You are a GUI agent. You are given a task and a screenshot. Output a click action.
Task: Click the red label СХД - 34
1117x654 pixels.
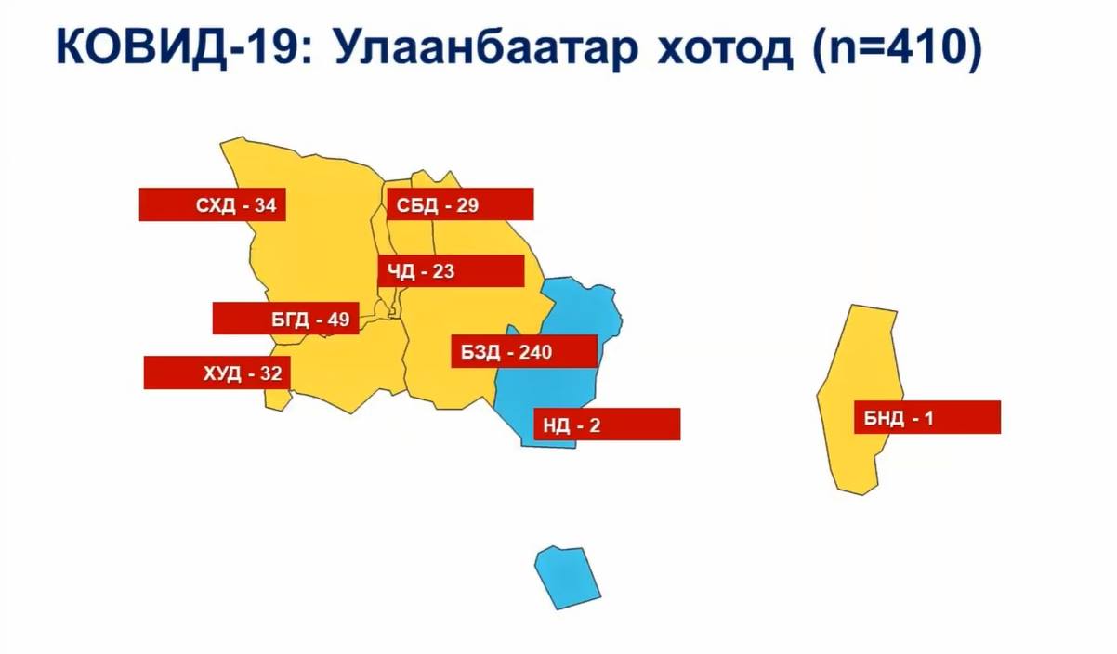pos(213,204)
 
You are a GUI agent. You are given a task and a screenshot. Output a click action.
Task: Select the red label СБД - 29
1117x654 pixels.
pos(460,203)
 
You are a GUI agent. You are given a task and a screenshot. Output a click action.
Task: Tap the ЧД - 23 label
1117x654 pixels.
pos(452,271)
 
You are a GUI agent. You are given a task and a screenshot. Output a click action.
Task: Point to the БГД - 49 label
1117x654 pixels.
pos(285,318)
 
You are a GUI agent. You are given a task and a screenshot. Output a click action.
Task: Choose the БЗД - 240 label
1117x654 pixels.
pos(525,351)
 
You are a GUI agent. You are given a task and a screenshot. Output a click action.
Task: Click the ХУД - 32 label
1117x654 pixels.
pos(217,373)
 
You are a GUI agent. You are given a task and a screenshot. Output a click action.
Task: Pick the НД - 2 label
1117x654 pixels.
pos(607,425)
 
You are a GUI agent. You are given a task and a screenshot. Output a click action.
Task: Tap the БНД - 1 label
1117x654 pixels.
pos(927,417)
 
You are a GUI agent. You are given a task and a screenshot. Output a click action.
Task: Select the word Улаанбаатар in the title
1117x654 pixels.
pos(487,48)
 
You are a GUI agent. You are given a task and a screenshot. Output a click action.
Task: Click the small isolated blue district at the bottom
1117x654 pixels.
pos(567,578)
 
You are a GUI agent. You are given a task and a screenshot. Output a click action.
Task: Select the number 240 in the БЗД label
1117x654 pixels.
pos(535,352)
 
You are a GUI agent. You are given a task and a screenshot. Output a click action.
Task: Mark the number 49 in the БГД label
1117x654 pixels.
pos(338,319)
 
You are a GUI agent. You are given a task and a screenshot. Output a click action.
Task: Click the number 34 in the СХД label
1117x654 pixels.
pos(265,205)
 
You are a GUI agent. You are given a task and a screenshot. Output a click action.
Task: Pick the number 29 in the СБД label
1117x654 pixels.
pos(467,204)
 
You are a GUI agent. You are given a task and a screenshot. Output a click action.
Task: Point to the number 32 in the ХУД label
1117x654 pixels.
pos(270,373)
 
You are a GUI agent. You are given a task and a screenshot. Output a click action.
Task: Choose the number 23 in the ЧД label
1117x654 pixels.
pos(443,271)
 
